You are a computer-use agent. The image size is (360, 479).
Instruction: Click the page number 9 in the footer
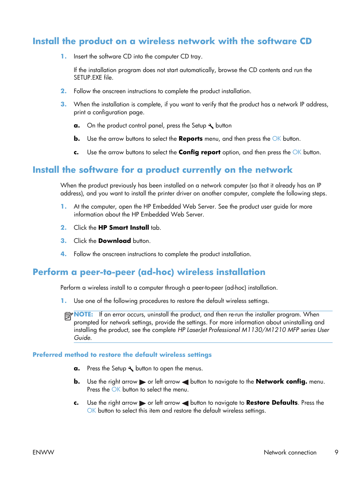tap(336, 452)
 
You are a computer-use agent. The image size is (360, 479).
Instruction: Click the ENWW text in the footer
tap(43, 452)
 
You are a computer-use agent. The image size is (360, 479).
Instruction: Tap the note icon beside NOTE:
tap(68, 316)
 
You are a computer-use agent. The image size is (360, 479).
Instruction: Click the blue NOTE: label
tap(83, 314)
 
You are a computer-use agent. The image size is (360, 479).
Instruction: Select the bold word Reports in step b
tap(191, 139)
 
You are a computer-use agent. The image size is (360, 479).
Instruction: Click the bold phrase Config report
tap(199, 152)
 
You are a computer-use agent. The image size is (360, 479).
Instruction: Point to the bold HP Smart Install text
tap(123, 228)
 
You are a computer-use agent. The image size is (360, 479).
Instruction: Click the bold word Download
tap(114, 241)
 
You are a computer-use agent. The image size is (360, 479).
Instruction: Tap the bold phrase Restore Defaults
tap(272, 403)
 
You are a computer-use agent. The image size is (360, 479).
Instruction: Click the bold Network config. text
tap(281, 382)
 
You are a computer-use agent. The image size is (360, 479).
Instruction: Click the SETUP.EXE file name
tap(88, 78)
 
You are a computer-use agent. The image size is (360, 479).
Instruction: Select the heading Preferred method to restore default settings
tap(122, 355)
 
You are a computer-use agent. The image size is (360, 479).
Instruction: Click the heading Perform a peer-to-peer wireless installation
tap(149, 272)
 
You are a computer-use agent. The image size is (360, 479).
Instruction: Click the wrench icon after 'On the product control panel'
tap(211, 126)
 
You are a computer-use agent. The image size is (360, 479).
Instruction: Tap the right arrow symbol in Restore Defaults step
tap(142, 403)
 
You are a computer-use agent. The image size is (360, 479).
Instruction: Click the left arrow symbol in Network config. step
tap(185, 382)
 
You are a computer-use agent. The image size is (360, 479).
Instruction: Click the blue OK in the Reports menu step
tap(277, 139)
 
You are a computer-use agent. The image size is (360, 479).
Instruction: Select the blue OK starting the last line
tap(91, 411)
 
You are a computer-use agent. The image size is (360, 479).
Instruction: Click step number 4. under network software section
tap(63, 254)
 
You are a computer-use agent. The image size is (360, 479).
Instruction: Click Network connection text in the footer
tap(290, 452)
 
